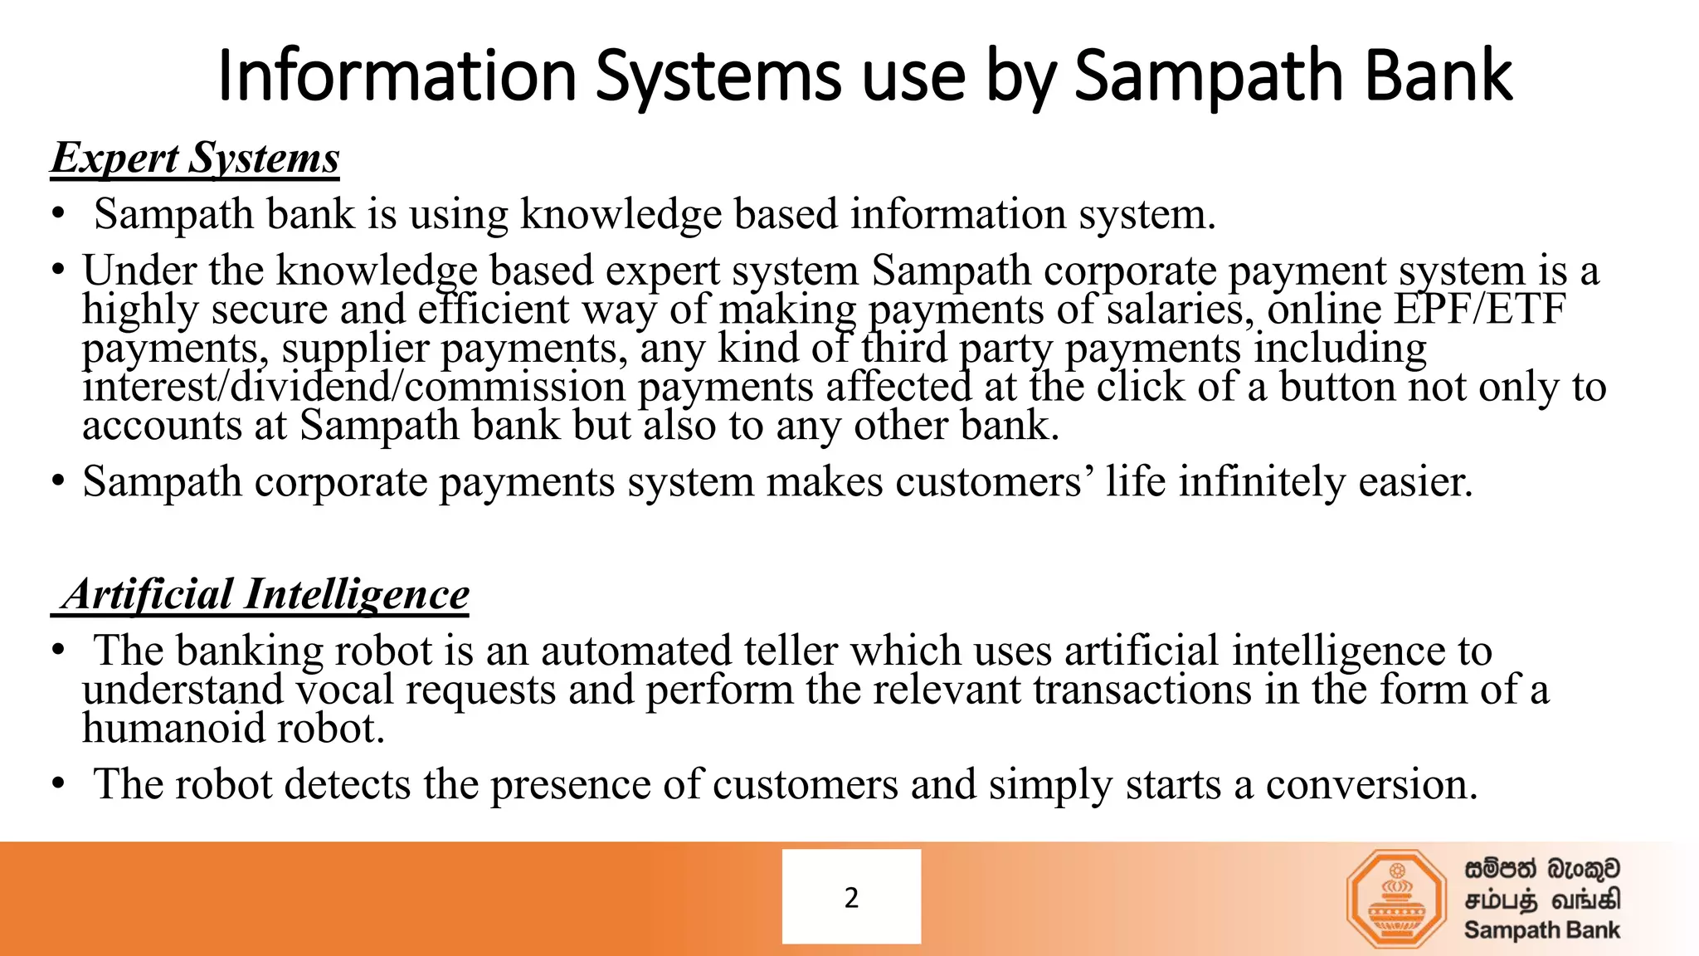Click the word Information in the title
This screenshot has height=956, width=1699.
[x=397, y=76]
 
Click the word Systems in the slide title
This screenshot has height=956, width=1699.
[x=718, y=76]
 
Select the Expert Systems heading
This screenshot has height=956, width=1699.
[x=196, y=158]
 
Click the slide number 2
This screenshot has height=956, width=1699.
[x=851, y=897]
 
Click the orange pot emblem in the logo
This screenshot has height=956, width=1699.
[x=1396, y=899]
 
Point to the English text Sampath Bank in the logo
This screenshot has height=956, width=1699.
[x=1541, y=930]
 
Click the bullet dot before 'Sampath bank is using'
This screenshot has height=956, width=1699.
[x=57, y=214]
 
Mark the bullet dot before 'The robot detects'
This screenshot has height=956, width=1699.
[x=57, y=784]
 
